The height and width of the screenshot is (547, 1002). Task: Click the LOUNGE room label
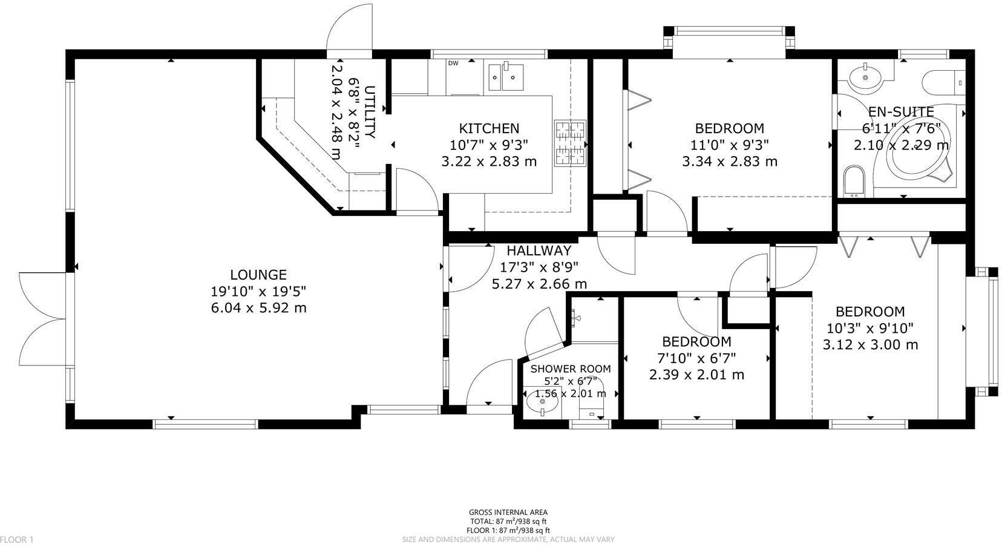coord(258,274)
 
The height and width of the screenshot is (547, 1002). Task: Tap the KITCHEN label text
coord(489,128)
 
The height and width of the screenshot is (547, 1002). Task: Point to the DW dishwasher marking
coord(453,63)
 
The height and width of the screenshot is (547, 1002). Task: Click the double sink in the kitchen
coord(506,76)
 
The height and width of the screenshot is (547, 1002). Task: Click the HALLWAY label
coord(539,251)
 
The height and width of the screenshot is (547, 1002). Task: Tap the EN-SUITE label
coord(901,112)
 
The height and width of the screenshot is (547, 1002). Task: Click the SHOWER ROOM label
coord(571,368)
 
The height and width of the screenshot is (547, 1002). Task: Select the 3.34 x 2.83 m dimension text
coord(729,162)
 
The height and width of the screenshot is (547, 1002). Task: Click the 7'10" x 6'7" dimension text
coord(696,358)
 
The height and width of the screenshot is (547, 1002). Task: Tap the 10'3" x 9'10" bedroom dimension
coord(870,328)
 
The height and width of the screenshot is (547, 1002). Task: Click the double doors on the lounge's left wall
coord(42,319)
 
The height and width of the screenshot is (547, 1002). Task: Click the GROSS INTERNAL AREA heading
coord(508,513)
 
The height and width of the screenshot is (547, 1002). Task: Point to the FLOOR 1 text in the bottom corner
coord(17,539)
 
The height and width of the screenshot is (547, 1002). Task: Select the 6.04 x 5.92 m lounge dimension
coord(258,307)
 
